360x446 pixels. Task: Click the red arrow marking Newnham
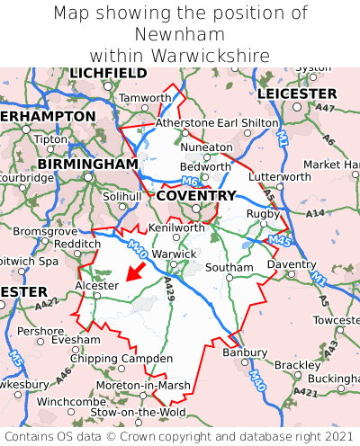(135, 271)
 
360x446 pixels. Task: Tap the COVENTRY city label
(195, 195)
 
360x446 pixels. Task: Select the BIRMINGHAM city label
(87, 165)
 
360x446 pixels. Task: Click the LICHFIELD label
(108, 73)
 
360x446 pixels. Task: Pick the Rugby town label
(264, 213)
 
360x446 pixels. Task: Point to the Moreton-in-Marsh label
(145, 385)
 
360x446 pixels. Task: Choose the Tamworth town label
(145, 97)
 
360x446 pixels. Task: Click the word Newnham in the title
(180, 34)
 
